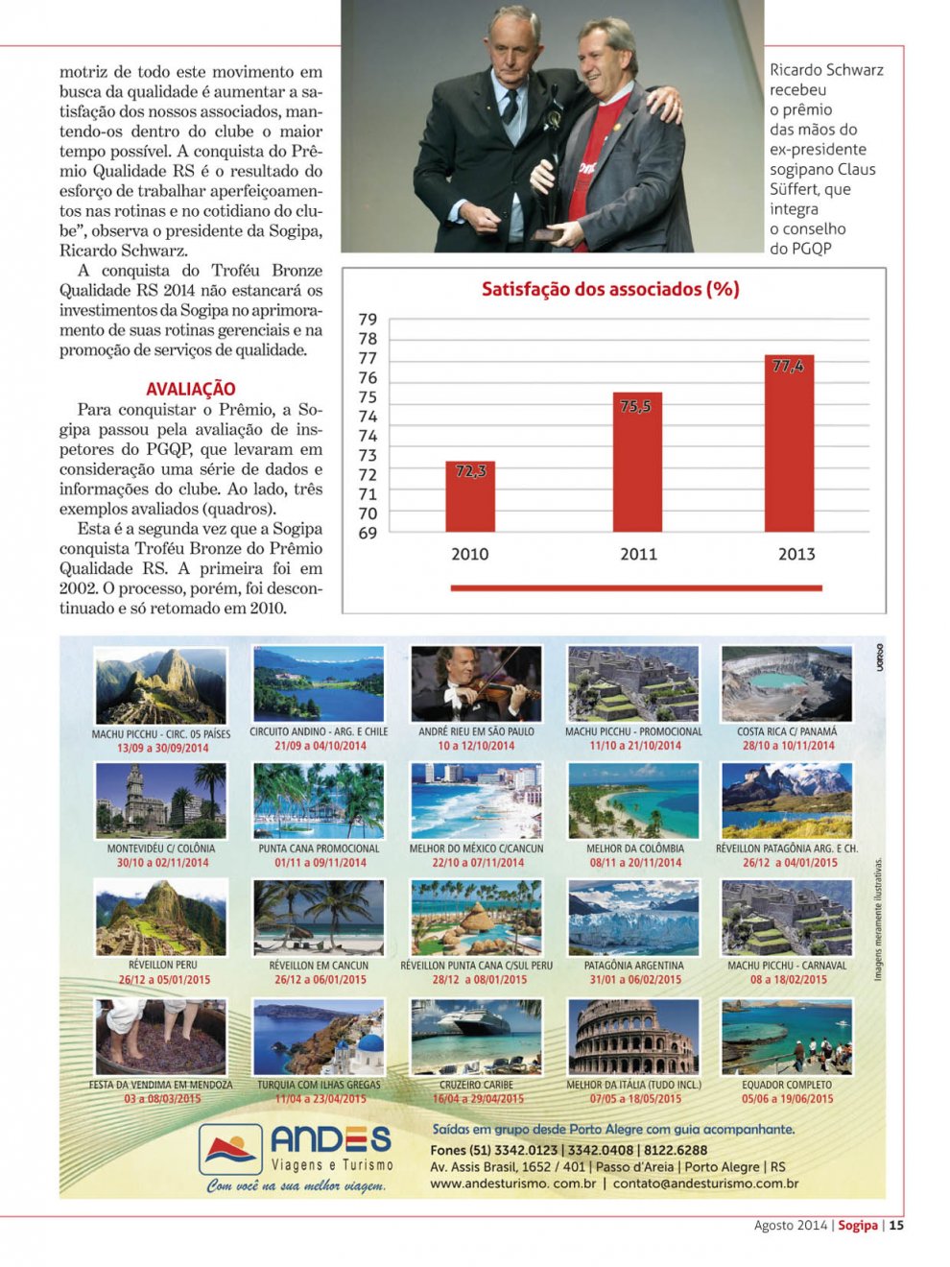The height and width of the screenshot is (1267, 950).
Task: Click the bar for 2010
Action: (470, 497)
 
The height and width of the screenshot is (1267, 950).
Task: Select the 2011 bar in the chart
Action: (637, 463)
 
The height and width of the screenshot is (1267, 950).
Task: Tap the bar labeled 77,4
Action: (789, 443)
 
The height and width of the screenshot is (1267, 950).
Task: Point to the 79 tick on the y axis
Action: (368, 320)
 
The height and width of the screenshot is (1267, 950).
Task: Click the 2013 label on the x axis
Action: (796, 554)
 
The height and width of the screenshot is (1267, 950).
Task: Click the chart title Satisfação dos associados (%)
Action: (610, 289)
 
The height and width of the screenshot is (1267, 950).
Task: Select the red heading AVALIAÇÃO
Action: (191, 389)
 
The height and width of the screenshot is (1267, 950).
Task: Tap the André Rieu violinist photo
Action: (476, 683)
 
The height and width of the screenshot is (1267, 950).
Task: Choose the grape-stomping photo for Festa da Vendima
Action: (160, 1037)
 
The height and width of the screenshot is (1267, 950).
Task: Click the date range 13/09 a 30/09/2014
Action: (162, 748)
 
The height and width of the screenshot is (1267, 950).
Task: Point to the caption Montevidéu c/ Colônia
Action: (161, 849)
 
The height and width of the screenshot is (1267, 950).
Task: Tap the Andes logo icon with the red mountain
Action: (230, 1149)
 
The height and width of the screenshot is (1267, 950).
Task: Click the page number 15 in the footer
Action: (896, 1225)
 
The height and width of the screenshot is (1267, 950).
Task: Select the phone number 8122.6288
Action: (676, 1150)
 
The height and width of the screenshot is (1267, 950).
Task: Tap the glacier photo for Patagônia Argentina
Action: (633, 919)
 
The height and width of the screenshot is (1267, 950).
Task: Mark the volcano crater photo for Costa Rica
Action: (786, 683)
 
